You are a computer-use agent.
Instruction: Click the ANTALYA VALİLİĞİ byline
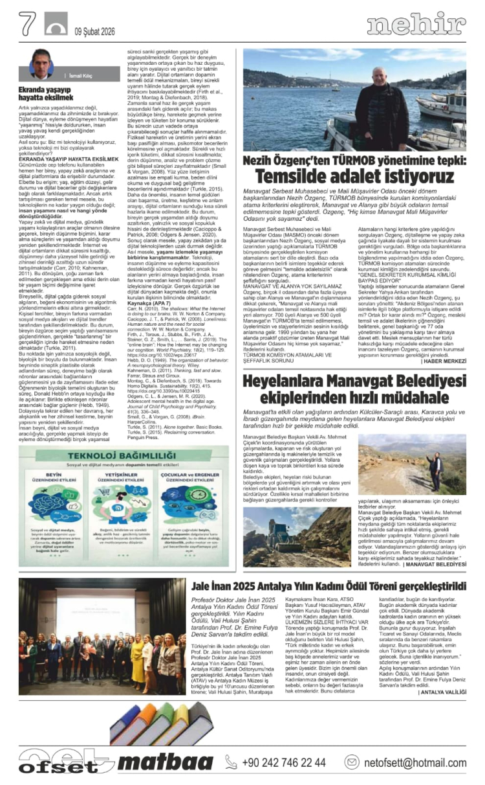tap(442, 692)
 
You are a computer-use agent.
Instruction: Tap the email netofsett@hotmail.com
tap(414, 762)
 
